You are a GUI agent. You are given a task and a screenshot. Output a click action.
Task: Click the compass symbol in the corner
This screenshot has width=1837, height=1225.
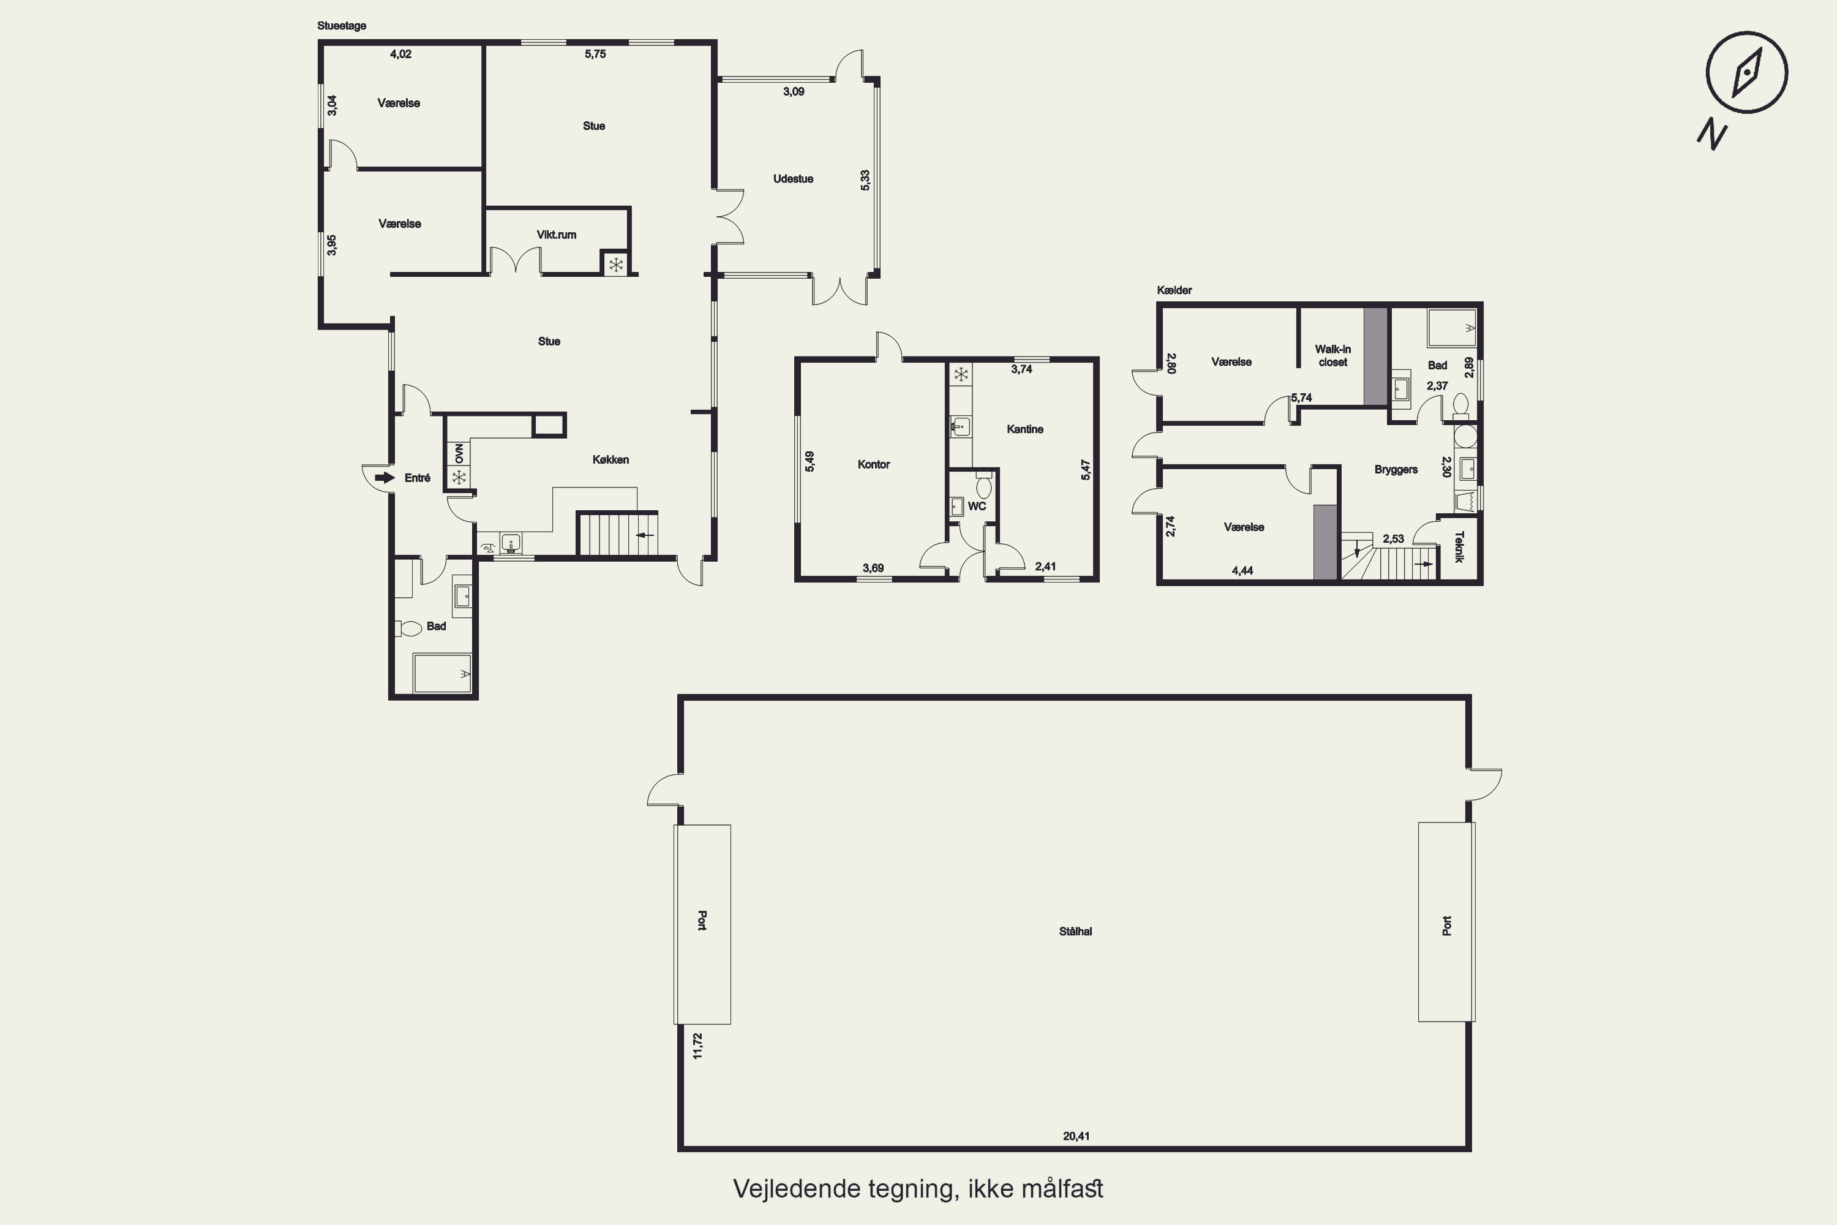click(x=1746, y=73)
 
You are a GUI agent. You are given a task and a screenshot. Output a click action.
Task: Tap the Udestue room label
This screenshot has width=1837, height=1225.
click(x=793, y=179)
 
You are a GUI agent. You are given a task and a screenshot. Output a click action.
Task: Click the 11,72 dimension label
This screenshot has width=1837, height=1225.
click(x=697, y=1046)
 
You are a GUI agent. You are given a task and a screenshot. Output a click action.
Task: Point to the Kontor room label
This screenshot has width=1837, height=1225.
click(x=873, y=464)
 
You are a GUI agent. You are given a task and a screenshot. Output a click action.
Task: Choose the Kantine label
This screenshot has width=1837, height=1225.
click(x=1024, y=429)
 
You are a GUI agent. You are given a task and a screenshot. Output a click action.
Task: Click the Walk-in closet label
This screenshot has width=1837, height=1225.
click(x=1332, y=355)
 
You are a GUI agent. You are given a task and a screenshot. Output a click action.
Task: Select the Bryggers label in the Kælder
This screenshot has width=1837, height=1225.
click(x=1396, y=470)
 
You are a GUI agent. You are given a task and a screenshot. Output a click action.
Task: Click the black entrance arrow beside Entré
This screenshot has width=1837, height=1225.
click(x=385, y=477)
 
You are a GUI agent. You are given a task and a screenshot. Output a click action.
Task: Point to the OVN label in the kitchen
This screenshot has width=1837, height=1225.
click(x=459, y=453)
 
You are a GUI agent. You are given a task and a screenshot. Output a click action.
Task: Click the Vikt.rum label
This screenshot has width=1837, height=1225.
click(x=556, y=235)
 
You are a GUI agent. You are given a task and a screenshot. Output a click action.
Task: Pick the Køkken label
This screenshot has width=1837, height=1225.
click(x=610, y=459)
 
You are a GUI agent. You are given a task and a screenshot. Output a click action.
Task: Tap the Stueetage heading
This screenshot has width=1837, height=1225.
click(x=341, y=26)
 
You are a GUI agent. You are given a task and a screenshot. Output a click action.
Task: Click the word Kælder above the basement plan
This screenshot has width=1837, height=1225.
click(x=1174, y=290)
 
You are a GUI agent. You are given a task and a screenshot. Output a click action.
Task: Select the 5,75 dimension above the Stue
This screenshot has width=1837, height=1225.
click(x=595, y=54)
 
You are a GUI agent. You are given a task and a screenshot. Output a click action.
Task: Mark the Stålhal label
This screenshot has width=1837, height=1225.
click(x=1075, y=931)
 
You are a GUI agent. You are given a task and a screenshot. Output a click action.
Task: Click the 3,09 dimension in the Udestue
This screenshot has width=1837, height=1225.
click(x=794, y=91)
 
